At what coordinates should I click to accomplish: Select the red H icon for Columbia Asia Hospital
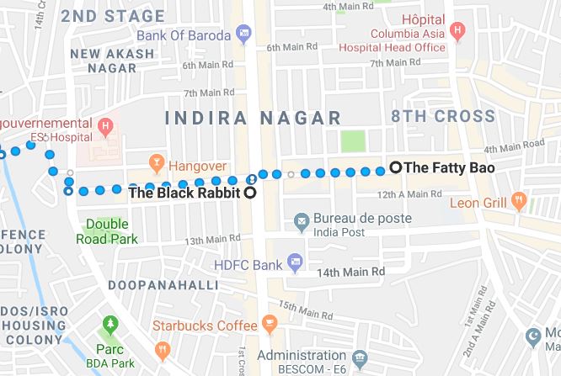(x=457, y=32)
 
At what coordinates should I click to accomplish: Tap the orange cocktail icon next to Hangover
(x=155, y=160)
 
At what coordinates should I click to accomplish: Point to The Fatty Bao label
(x=449, y=167)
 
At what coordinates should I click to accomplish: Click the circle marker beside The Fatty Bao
(x=396, y=167)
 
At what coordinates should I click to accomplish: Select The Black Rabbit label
(x=184, y=193)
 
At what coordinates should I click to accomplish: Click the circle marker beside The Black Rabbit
(x=248, y=193)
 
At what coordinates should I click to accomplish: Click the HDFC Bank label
(x=248, y=263)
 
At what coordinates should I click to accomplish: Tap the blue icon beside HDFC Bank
(x=293, y=263)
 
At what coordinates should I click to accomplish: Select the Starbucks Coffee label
(x=205, y=325)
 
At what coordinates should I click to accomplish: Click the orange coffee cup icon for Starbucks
(x=269, y=324)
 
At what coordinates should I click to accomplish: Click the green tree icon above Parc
(x=108, y=324)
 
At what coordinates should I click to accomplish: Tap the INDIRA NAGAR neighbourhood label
(x=253, y=118)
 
